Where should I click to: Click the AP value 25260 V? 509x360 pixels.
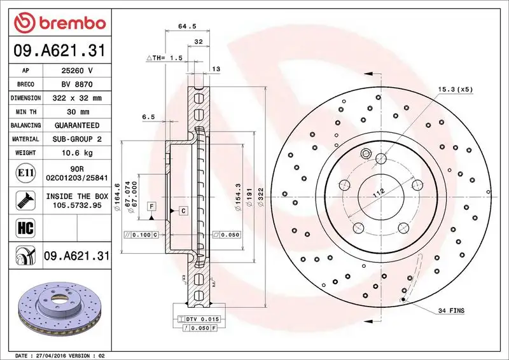[77, 70]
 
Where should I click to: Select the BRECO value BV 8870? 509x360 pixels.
[77, 84]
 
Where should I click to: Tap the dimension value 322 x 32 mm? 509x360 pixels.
[77, 98]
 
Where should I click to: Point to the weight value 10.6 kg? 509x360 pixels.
[77, 153]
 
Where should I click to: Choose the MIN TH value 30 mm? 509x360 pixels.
[77, 112]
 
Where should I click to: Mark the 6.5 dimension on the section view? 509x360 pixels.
[148, 117]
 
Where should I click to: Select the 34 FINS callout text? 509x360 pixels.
[451, 311]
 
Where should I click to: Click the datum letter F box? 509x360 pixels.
[152, 205]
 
